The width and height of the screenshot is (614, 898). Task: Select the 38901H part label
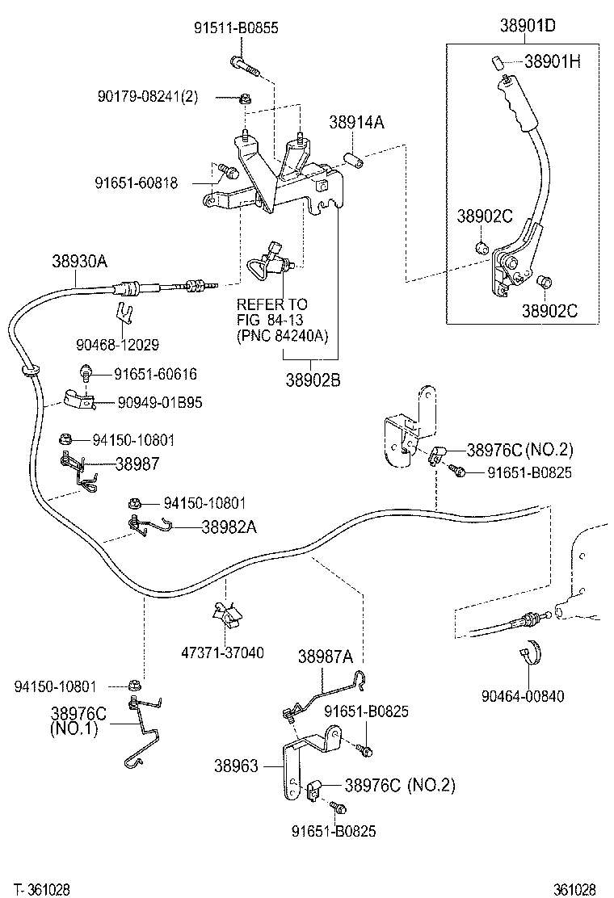tap(553, 61)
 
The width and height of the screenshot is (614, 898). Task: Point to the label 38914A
tap(355, 123)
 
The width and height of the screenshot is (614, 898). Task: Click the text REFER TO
tap(271, 304)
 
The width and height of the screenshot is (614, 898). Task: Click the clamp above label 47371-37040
tap(226, 615)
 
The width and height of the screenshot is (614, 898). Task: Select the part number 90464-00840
tap(522, 695)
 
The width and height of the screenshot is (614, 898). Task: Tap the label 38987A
tap(326, 657)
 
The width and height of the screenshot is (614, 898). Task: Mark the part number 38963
tap(238, 765)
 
